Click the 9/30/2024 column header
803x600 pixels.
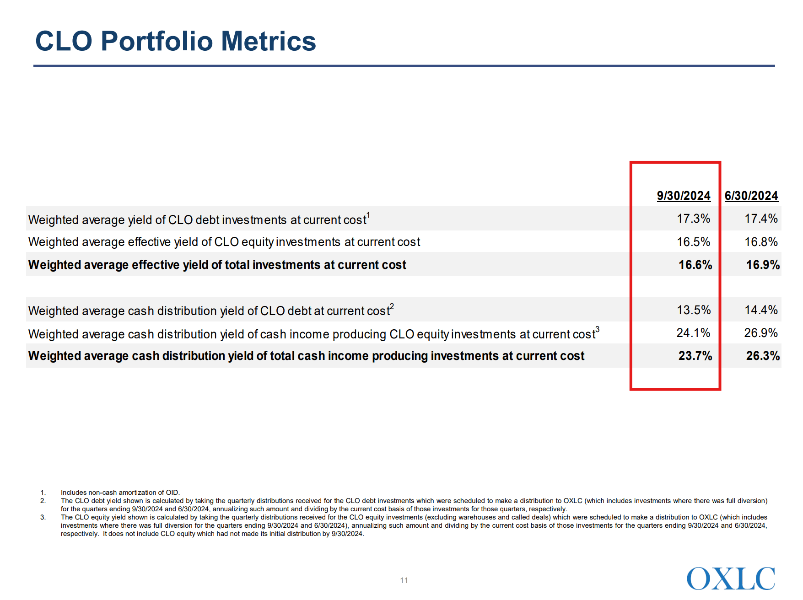coord(683,196)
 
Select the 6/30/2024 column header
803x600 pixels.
coord(751,196)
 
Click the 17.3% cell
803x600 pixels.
coord(693,219)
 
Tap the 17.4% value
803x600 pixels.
coord(761,219)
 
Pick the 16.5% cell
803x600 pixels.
coord(693,242)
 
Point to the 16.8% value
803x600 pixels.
coord(761,242)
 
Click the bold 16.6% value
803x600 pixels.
coord(695,265)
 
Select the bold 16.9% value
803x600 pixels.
coord(763,265)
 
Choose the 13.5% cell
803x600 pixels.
coord(694,310)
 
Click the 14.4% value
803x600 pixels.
coord(761,310)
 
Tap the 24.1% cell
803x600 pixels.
coord(693,333)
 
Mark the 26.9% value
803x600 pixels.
coord(761,333)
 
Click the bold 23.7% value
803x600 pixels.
coord(695,356)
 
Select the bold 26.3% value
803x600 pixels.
coord(763,356)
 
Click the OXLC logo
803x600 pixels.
coord(731,579)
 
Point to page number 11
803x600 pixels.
coord(404,580)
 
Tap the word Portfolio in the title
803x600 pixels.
coord(157,41)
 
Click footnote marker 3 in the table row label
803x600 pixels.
coord(597,329)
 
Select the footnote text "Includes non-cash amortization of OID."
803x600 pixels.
coord(120,493)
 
